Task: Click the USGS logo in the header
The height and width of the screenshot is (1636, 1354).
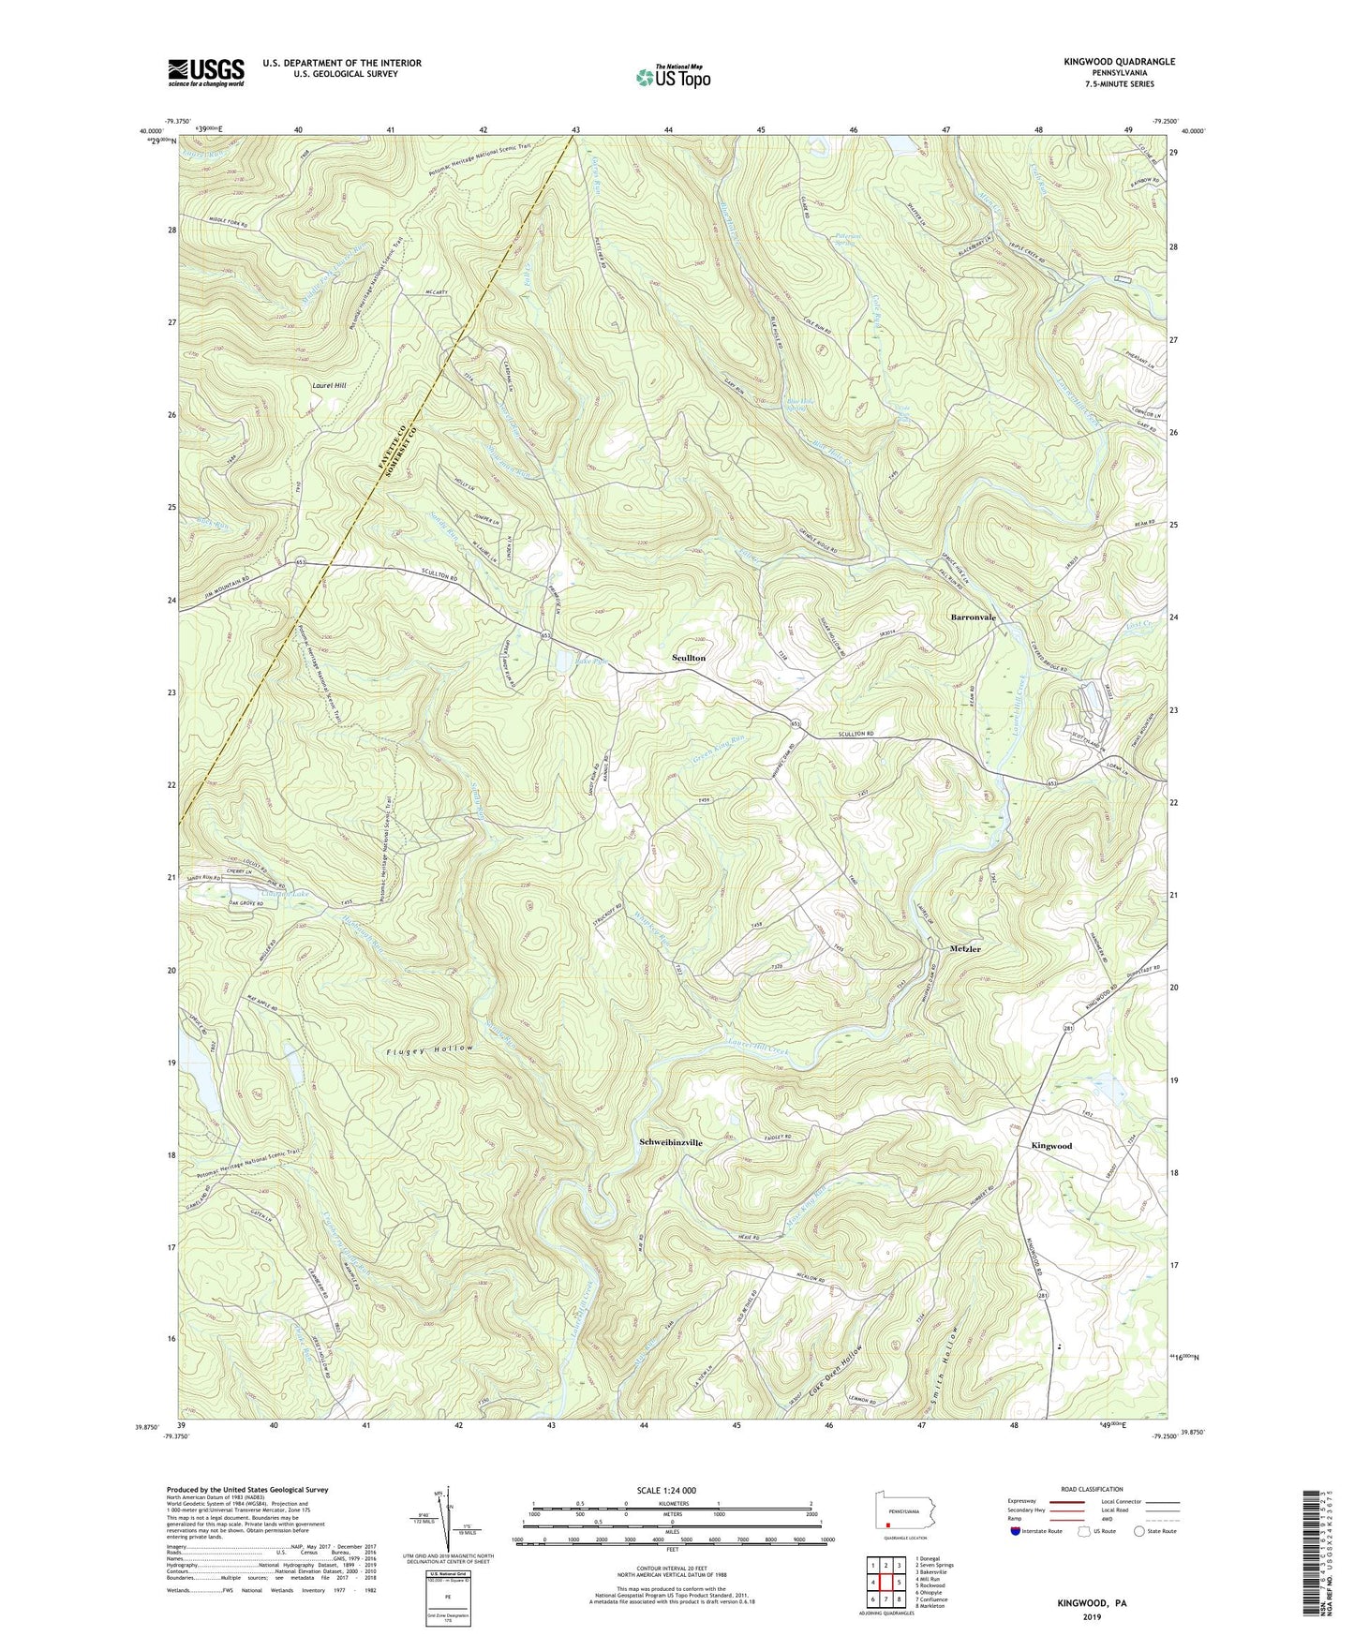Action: [206, 72]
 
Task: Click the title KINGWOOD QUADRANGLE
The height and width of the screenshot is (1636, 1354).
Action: [1119, 62]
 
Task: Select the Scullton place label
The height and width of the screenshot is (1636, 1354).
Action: [689, 659]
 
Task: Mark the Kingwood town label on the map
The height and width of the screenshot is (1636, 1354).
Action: [1051, 1146]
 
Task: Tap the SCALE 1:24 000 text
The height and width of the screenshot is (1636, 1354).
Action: [671, 1491]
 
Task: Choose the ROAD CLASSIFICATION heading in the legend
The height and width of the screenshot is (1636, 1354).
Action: [1092, 1489]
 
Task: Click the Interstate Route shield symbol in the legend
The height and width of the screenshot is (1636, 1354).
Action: [1017, 1532]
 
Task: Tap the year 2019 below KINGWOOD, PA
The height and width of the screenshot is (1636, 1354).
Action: [1092, 1616]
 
